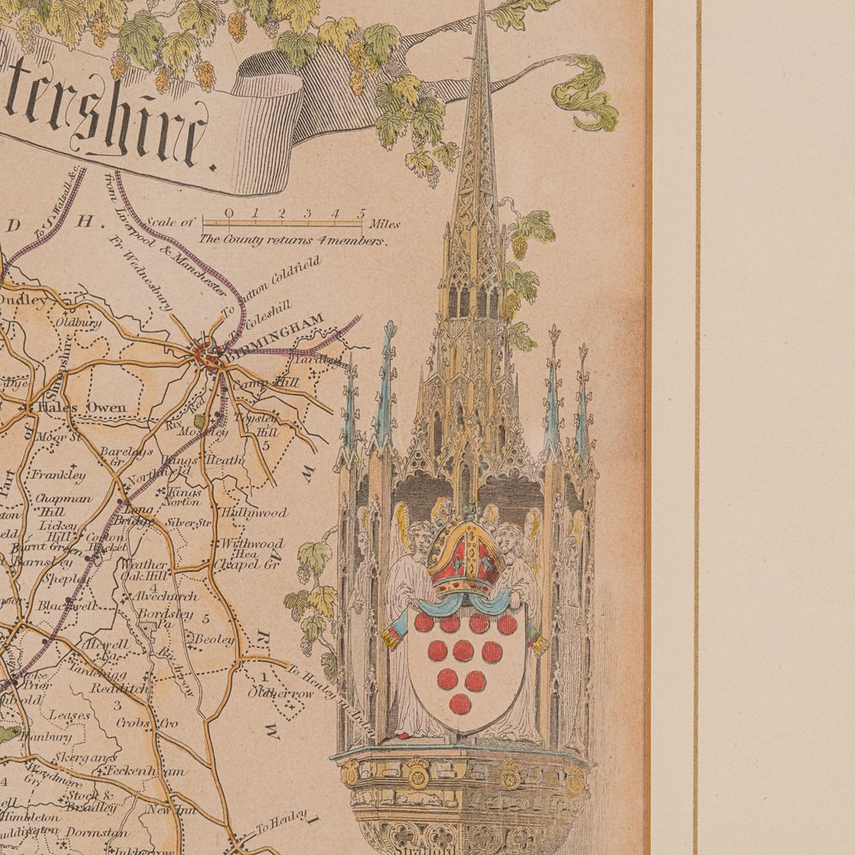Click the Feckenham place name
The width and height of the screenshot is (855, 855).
coord(146,770)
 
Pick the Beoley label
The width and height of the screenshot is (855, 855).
coord(214,638)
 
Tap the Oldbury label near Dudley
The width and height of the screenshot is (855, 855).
coord(79,323)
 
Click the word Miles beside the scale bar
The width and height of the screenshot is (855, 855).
coord(385,225)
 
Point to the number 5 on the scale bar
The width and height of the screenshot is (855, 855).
coord(362,213)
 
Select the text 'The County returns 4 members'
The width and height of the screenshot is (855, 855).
coord(292,241)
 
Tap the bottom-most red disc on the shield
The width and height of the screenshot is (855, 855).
coord(461,703)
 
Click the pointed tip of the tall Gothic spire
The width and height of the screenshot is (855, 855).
coord(481,7)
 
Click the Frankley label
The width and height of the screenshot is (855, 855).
coord(58,475)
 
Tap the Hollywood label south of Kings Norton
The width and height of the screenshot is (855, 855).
coord(254,513)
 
